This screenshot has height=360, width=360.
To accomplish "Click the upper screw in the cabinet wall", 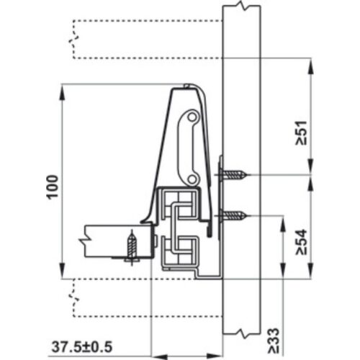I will (235, 174).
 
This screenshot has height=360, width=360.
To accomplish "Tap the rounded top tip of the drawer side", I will (189, 86).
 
